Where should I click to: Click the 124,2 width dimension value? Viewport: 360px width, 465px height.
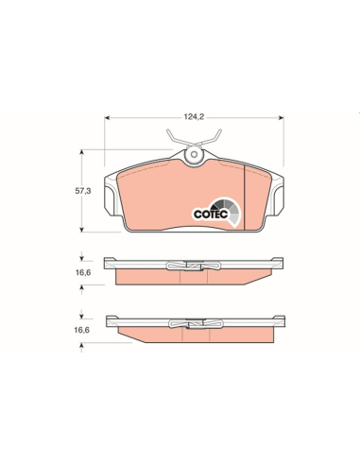(x=194, y=117)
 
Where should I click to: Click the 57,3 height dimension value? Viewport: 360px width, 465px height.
(x=83, y=191)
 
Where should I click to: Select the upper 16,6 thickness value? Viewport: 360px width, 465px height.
(x=83, y=272)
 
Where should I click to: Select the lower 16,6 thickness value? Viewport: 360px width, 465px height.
(x=82, y=330)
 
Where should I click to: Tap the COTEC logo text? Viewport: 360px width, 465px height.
(x=211, y=215)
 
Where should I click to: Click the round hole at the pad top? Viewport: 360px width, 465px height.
(x=195, y=154)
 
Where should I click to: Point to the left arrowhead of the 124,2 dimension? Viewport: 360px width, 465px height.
(x=107, y=118)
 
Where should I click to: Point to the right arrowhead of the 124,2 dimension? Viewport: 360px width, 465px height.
(x=281, y=118)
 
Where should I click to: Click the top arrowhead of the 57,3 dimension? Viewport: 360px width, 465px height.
(x=82, y=152)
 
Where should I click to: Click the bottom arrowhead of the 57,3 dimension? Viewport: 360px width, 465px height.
(x=82, y=230)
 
